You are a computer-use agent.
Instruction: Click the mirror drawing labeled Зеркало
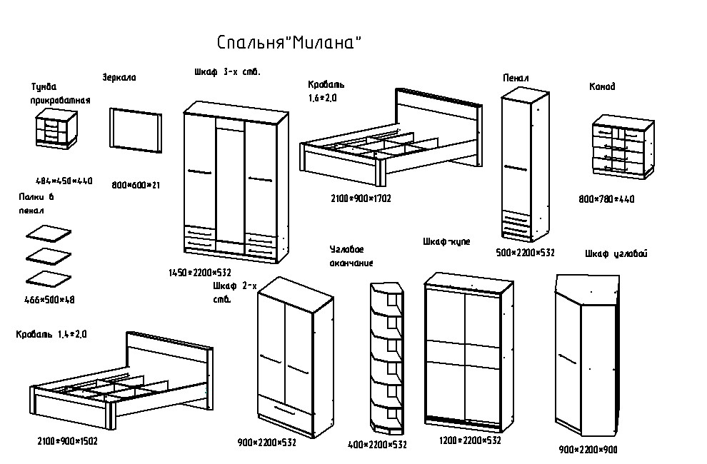tap(135, 129)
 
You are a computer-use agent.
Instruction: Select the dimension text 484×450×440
tap(64, 181)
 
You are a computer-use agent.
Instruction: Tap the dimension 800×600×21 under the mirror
tap(136, 186)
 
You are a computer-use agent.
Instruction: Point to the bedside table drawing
tap(56, 128)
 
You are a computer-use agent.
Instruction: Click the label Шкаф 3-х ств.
tap(227, 72)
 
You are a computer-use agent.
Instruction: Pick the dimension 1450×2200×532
tap(200, 273)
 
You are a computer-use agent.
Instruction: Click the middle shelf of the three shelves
tap(49, 255)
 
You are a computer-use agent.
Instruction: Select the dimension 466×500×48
tap(49, 300)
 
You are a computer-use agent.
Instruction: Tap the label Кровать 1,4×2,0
tap(51, 334)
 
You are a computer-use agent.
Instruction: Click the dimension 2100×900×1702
tap(361, 198)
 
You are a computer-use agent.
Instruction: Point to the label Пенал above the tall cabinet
tap(516, 78)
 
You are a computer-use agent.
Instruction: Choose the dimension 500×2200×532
tap(525, 253)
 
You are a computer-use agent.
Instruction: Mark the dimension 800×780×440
tap(606, 199)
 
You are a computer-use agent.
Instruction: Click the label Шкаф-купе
tap(446, 242)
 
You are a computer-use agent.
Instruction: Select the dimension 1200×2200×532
tap(469, 441)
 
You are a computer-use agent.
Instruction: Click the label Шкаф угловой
tap(616, 253)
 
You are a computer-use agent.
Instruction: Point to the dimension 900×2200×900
tap(588, 450)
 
